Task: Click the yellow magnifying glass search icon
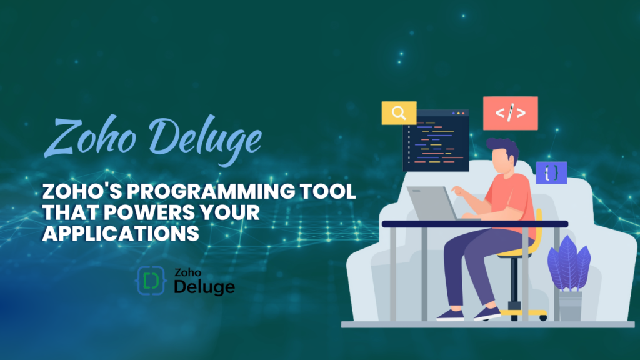(399, 112)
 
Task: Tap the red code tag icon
(510, 113)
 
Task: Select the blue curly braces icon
(551, 172)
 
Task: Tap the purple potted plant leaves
(569, 264)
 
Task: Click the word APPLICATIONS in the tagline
(121, 234)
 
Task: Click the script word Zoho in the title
(90, 136)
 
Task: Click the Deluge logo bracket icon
(151, 281)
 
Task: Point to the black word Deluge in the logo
(204, 287)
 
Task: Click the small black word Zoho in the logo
(187, 272)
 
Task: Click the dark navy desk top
(475, 224)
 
